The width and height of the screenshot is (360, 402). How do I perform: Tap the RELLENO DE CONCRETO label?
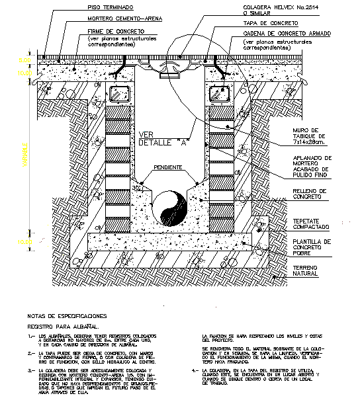pyautogui.click(x=304, y=194)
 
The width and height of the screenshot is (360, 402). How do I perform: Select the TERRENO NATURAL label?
pyautogui.click(x=302, y=270)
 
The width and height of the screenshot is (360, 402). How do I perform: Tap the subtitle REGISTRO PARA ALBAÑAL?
pyautogui.click(x=62, y=326)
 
